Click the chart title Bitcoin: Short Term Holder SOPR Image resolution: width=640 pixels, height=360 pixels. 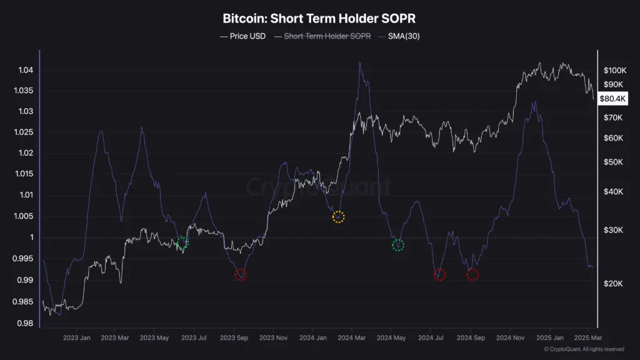(x=319, y=19)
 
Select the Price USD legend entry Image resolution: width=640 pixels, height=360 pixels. (x=243, y=36)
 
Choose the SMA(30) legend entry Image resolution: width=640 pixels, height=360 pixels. (x=401, y=36)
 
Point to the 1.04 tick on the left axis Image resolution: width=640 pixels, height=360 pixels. (x=26, y=70)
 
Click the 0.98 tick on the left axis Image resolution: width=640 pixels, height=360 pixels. (x=26, y=323)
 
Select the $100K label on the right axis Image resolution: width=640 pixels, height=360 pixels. (x=615, y=70)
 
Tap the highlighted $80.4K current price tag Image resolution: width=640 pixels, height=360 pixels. (x=612, y=98)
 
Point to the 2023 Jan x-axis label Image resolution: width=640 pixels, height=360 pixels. (x=77, y=337)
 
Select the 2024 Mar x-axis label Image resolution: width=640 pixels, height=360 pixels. (x=352, y=337)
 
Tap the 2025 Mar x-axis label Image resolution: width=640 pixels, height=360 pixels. (x=588, y=337)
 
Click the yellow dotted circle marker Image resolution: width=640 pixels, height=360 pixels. (x=338, y=217)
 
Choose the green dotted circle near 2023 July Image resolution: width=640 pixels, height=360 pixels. (x=182, y=243)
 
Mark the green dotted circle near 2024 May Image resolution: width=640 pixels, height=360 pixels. (x=397, y=245)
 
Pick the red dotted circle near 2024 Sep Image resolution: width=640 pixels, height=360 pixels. (x=472, y=274)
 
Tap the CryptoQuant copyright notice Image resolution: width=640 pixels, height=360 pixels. (x=584, y=349)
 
